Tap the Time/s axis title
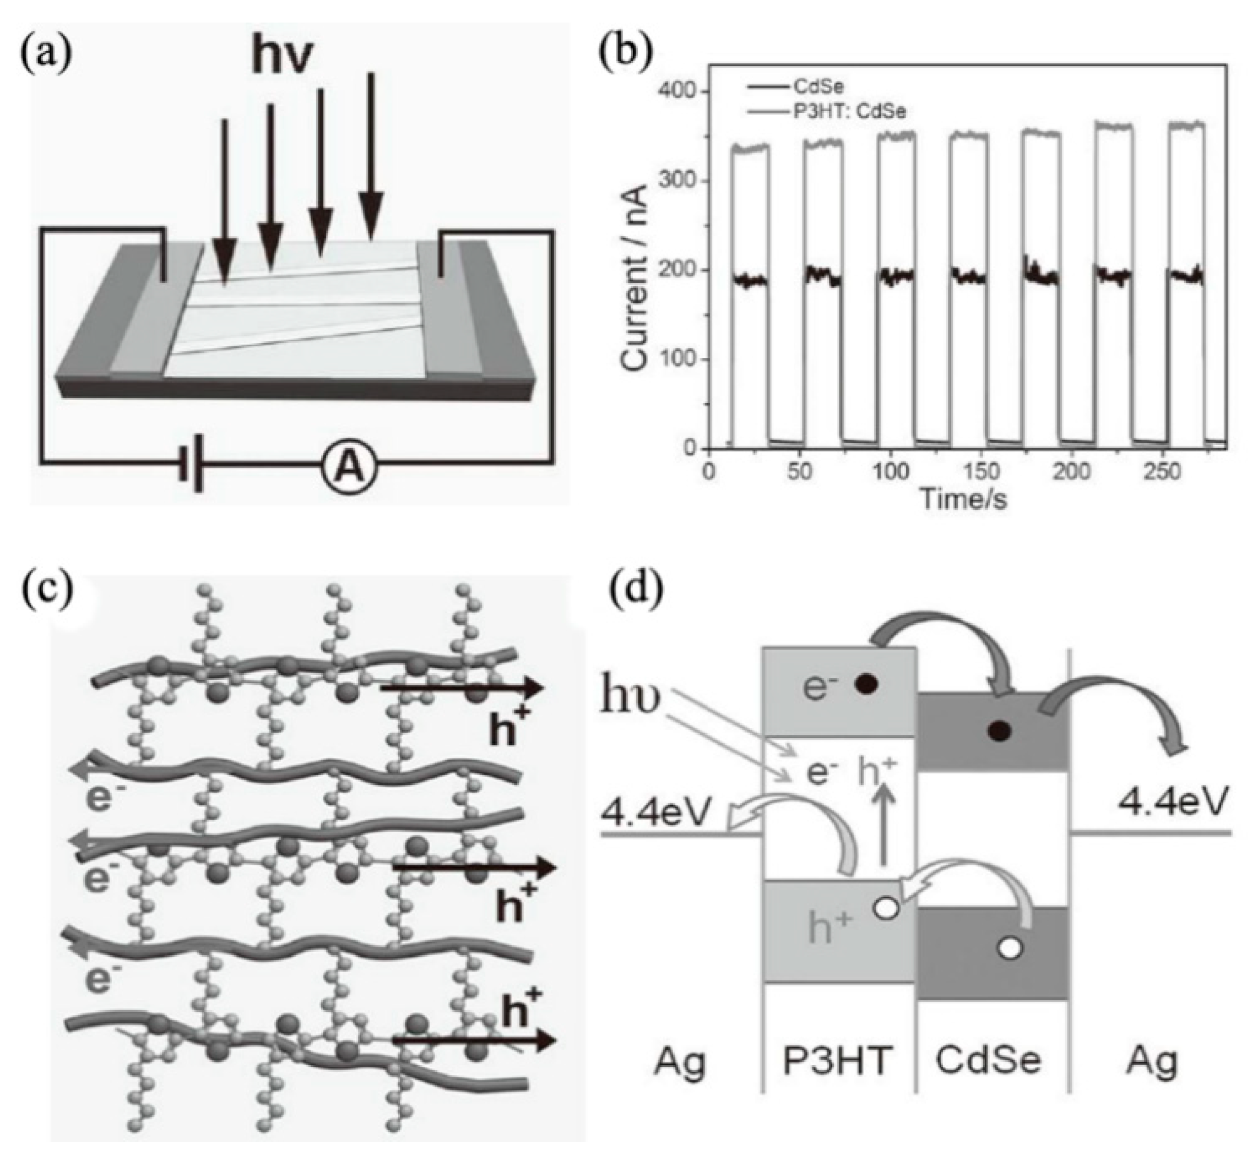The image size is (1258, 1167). (x=963, y=498)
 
